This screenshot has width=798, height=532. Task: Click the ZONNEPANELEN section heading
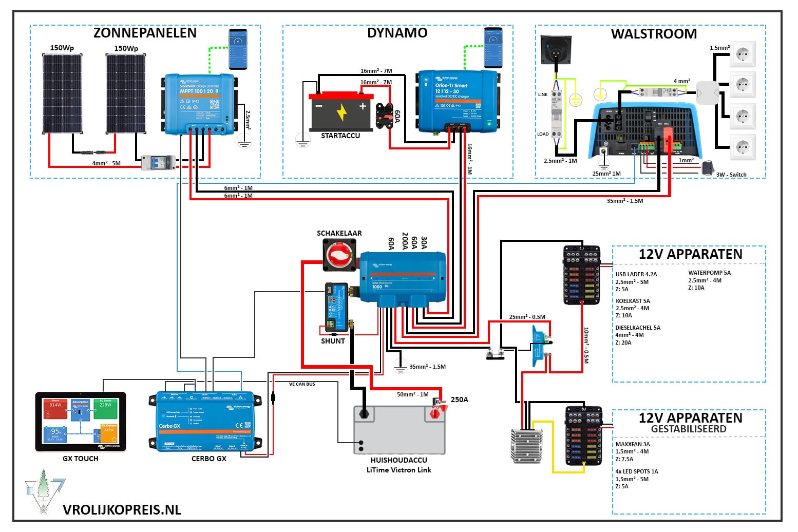click(x=145, y=33)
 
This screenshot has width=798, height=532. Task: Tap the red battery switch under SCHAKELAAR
click(x=339, y=255)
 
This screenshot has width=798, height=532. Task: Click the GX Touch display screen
click(x=81, y=422)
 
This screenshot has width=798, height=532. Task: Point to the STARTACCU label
click(x=340, y=136)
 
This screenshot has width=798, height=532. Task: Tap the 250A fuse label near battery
click(x=459, y=400)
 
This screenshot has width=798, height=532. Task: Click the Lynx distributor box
click(x=403, y=277)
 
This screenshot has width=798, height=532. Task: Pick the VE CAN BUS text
click(x=302, y=384)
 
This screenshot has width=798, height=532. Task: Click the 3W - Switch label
click(x=731, y=175)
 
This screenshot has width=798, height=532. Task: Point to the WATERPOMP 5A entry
click(x=709, y=273)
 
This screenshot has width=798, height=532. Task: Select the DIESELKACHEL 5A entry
click(x=638, y=328)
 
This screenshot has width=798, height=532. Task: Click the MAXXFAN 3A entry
click(x=633, y=444)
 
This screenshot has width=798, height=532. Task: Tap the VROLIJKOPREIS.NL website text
click(x=122, y=510)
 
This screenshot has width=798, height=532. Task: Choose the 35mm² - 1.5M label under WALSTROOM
click(x=625, y=201)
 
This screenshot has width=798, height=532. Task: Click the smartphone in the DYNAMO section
click(x=493, y=48)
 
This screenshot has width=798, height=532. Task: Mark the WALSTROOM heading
click(x=654, y=34)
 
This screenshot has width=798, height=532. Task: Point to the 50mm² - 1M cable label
click(x=412, y=394)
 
